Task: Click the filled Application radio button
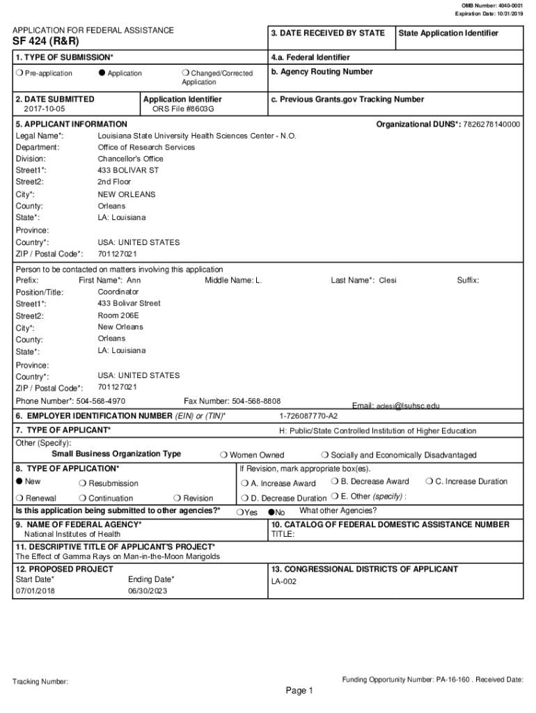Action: pyautogui.click(x=102, y=73)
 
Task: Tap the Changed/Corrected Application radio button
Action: pyautogui.click(x=185, y=73)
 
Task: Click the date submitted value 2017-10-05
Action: pyautogui.click(x=42, y=109)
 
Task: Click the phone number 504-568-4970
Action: pyautogui.click(x=101, y=401)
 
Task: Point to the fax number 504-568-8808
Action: pyautogui.click(x=256, y=401)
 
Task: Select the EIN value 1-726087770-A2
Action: pyautogui.click(x=308, y=416)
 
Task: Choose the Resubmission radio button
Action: pyautogui.click(x=83, y=483)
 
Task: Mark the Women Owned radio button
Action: pyautogui.click(x=223, y=455)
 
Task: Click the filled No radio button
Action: pyautogui.click(x=271, y=512)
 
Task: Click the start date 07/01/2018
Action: pyautogui.click(x=36, y=591)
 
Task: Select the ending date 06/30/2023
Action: pyautogui.click(x=148, y=591)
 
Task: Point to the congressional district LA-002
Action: pyautogui.click(x=284, y=581)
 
